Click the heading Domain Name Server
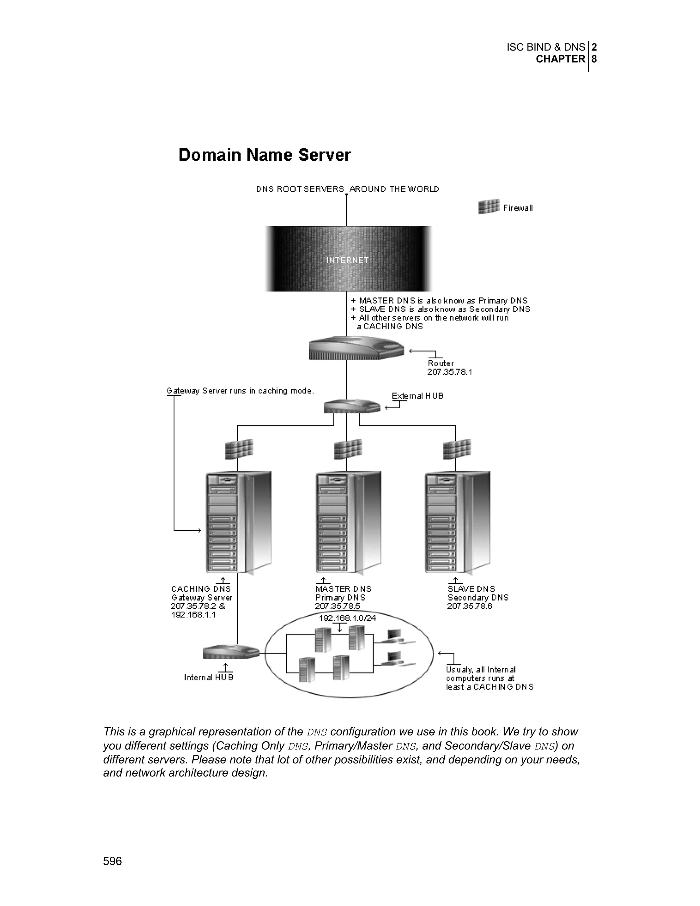265,155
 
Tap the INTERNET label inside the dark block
347,260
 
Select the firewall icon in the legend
488,206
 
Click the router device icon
356,348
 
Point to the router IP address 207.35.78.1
449,372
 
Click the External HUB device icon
352,406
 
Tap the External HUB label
418,396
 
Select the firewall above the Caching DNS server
239,449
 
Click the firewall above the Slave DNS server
457,449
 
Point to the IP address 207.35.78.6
469,607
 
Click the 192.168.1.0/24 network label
348,618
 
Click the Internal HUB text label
208,677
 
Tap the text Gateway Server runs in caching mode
240,391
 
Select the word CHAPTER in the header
560,59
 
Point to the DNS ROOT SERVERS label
300,189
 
